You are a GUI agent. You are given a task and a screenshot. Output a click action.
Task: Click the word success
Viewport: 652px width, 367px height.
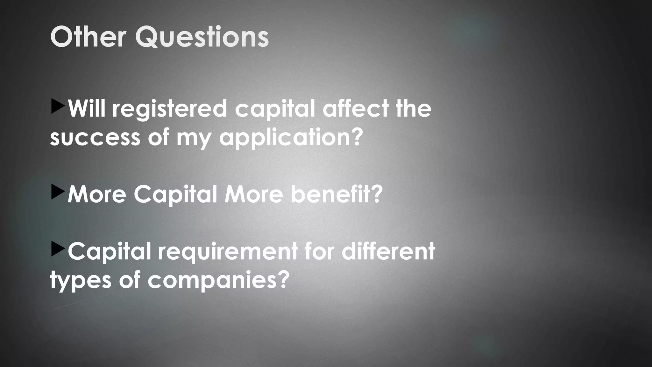coord(95,138)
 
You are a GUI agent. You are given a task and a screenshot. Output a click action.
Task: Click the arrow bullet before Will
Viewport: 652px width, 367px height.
coord(57,106)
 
